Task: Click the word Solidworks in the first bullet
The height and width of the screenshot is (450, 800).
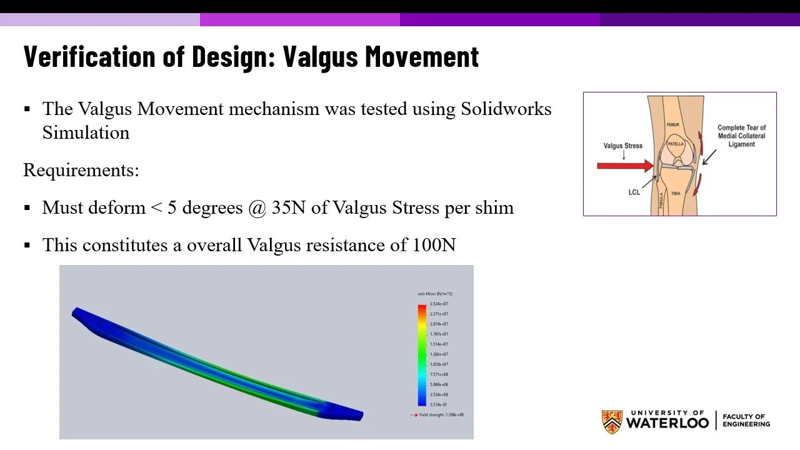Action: tap(506, 109)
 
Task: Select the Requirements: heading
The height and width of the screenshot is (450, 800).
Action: tap(81, 170)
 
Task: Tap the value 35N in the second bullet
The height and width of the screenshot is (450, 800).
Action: tap(288, 207)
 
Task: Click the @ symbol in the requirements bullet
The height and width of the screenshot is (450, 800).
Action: tap(257, 207)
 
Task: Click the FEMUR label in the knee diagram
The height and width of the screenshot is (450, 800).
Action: tap(672, 125)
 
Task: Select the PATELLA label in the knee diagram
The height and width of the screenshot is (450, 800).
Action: tap(676, 144)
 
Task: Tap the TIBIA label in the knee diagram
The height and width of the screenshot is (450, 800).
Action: tap(676, 194)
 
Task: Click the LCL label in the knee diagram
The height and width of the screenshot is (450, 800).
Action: tap(634, 192)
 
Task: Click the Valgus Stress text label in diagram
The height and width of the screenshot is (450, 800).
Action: tap(622, 146)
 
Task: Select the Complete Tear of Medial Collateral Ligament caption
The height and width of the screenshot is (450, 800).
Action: tap(741, 136)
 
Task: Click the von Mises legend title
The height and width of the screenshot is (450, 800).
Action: tap(435, 294)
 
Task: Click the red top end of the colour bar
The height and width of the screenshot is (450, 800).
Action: tap(422, 308)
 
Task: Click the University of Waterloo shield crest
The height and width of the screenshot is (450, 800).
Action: tap(612, 422)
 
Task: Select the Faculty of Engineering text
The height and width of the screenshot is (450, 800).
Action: tap(746, 420)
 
